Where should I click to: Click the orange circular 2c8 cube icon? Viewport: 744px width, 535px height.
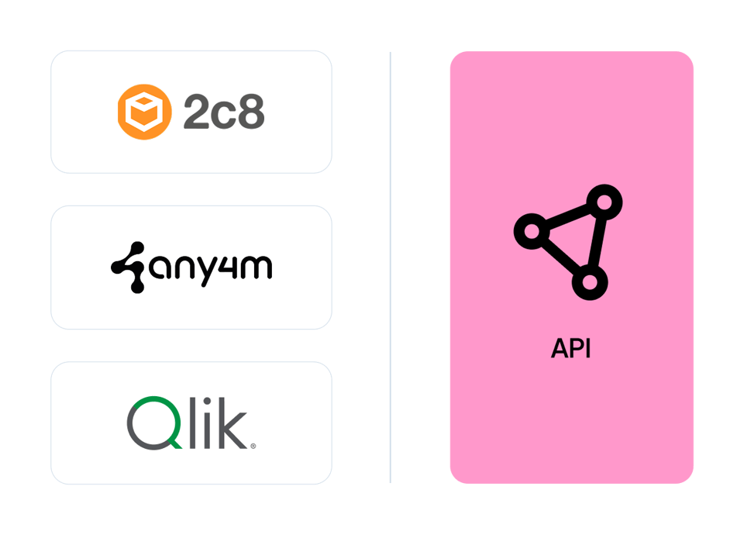point(145,112)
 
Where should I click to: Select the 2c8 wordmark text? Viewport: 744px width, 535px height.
point(224,112)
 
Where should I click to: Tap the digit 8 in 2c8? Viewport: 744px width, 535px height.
point(251,112)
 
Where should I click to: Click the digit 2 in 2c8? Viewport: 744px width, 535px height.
point(196,111)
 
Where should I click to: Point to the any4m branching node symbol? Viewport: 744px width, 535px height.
point(128,267)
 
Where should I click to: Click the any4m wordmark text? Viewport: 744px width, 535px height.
point(211,268)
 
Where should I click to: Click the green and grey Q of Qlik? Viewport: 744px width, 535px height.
point(154,423)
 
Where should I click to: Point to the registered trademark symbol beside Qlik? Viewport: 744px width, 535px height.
point(253,446)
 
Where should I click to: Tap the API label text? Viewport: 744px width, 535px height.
point(571,348)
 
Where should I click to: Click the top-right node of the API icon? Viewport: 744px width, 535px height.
point(604,202)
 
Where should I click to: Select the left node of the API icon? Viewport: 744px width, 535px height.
point(532,231)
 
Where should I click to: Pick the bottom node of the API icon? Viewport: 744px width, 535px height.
point(590,282)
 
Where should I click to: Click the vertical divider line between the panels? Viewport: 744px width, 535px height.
point(390,267)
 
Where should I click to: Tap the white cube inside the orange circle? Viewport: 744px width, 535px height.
point(145,112)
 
